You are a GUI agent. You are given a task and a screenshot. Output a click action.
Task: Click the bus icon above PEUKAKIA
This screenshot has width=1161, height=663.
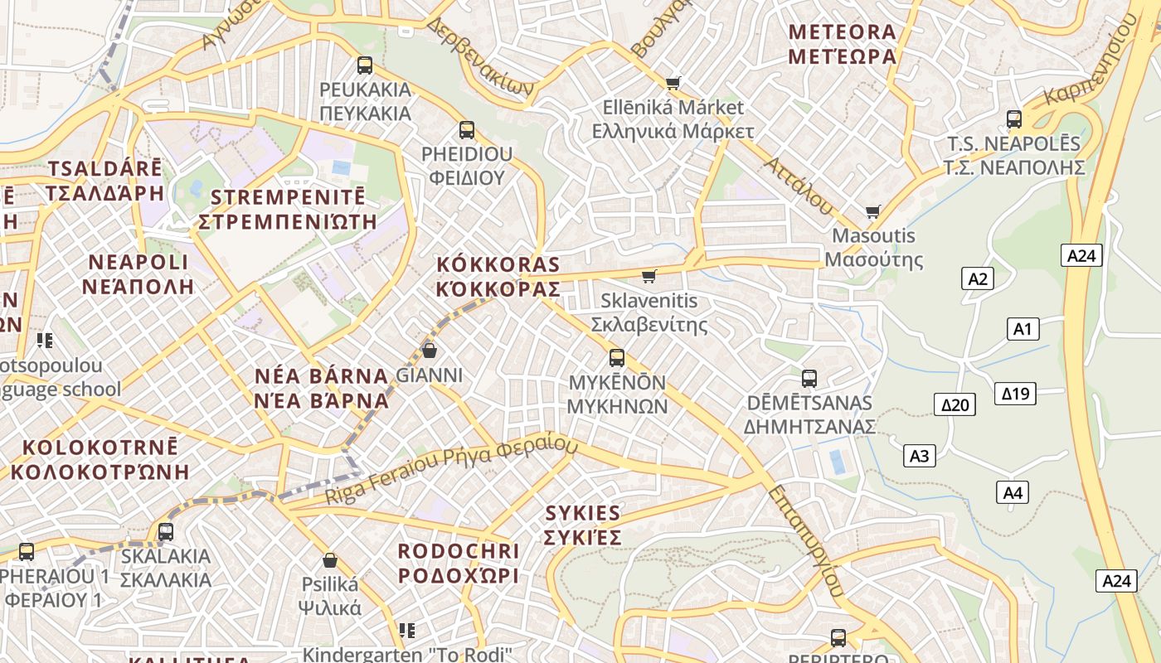pos(364,65)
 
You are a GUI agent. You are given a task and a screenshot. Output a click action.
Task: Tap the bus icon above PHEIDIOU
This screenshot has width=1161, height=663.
pos(467,129)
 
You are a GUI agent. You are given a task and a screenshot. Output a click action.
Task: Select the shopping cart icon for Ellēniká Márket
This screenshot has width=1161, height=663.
pos(673,83)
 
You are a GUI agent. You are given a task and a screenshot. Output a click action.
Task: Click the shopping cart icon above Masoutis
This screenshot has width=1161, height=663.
pos(872,211)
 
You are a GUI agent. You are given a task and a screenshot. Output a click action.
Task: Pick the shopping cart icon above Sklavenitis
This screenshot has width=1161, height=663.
pos(649,276)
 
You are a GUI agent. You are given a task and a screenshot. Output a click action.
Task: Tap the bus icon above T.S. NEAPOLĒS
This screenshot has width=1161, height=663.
pos(1014,119)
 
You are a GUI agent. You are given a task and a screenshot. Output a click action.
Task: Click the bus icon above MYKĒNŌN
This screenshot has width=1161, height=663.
pos(617,357)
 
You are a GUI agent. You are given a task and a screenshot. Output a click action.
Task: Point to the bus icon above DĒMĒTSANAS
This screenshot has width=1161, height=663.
pos(809,379)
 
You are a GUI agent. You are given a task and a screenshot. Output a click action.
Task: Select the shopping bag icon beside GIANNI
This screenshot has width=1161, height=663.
pos(430,350)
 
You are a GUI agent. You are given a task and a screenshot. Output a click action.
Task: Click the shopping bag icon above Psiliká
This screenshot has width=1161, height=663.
pos(330,559)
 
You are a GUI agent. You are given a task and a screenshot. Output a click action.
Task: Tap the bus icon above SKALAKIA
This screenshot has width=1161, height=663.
pos(166,531)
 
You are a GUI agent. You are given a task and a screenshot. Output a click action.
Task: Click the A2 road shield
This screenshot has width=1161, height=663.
pos(978,278)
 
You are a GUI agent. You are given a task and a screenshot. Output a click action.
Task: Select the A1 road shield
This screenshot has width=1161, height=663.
pos(1023,329)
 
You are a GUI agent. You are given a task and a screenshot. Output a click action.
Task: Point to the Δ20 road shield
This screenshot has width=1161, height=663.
pos(955,404)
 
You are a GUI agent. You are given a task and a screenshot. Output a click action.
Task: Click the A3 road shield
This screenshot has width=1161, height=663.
pos(919,455)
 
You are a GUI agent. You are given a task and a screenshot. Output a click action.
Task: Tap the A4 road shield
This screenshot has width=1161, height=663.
pos(1013,492)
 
